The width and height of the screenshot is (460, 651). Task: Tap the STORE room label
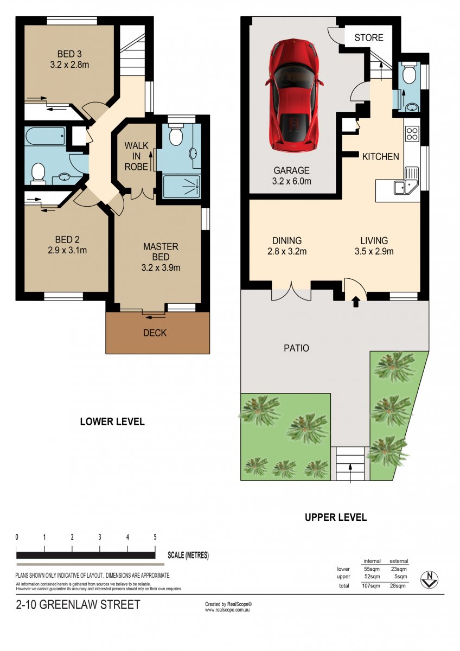369,38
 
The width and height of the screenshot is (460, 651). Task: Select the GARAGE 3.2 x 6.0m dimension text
291,181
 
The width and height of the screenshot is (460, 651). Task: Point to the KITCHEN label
380,157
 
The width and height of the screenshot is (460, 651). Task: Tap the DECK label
155,333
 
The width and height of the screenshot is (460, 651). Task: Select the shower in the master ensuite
181,187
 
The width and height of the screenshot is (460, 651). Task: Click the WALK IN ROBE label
136,156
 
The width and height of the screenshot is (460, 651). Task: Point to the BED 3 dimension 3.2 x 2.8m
69,65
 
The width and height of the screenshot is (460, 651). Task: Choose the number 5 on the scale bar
155,537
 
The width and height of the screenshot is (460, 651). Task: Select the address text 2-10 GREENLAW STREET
78,605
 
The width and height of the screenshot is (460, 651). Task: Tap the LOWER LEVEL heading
112,422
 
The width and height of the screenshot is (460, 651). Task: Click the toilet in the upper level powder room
410,73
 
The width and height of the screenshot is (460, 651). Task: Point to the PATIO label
296,348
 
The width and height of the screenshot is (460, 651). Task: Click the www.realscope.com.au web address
227,610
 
